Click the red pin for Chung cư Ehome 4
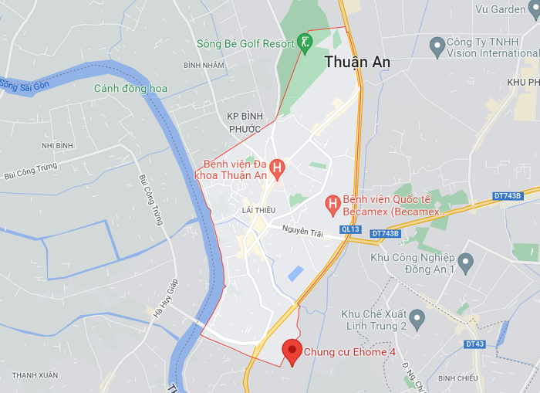[x=292, y=351]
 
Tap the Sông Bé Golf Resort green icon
[x=305, y=43]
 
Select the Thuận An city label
[x=357, y=62]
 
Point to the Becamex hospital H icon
[x=332, y=204]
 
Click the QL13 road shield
[x=350, y=229]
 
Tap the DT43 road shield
[x=474, y=344]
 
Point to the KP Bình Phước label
[x=246, y=122]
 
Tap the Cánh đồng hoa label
[x=130, y=89]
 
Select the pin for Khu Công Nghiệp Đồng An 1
[x=465, y=263]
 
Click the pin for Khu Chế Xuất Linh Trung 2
[x=417, y=318]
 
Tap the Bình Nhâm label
[x=204, y=65]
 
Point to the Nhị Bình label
[x=58, y=145]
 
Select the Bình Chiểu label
[x=458, y=378]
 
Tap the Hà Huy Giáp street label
[x=164, y=298]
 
